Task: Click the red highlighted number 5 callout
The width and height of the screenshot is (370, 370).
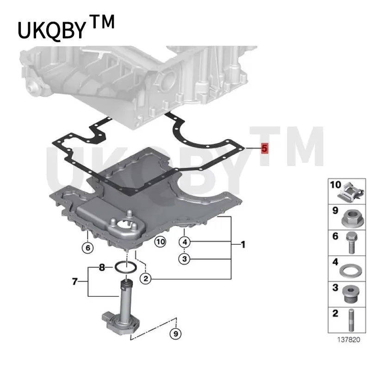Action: click(265, 148)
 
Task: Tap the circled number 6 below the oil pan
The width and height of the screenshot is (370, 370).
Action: click(88, 248)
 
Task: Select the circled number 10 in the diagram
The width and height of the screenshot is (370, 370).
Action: click(160, 242)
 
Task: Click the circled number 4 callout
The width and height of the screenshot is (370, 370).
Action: click(185, 242)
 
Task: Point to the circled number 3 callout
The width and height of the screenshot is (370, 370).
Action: click(185, 259)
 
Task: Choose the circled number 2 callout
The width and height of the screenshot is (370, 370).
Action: click(146, 279)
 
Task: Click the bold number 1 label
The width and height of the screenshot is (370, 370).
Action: click(243, 245)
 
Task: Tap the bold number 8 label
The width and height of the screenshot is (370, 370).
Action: click(102, 268)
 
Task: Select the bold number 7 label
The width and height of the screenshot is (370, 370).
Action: click(74, 281)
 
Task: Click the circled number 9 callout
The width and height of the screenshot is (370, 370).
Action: click(176, 334)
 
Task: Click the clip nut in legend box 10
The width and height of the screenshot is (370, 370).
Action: click(351, 192)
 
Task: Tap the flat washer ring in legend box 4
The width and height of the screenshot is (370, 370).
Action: click(351, 271)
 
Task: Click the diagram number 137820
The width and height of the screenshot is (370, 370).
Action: click(349, 340)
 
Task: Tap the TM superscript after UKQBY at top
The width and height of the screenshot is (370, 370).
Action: click(102, 22)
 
